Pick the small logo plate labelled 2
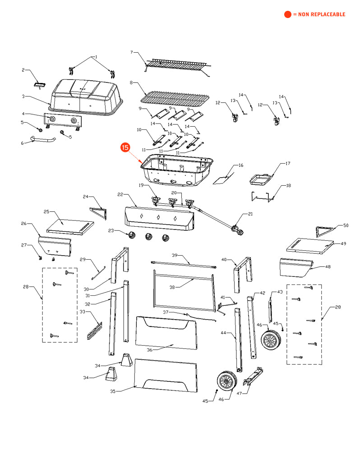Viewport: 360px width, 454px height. (41, 84)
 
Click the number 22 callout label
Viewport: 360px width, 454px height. (120, 194)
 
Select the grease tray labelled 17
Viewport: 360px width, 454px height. (261, 180)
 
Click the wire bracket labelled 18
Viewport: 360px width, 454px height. (262, 197)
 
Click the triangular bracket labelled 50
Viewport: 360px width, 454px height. (325, 231)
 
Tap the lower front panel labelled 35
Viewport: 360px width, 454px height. (167, 375)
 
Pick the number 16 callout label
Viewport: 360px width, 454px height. (241, 165)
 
